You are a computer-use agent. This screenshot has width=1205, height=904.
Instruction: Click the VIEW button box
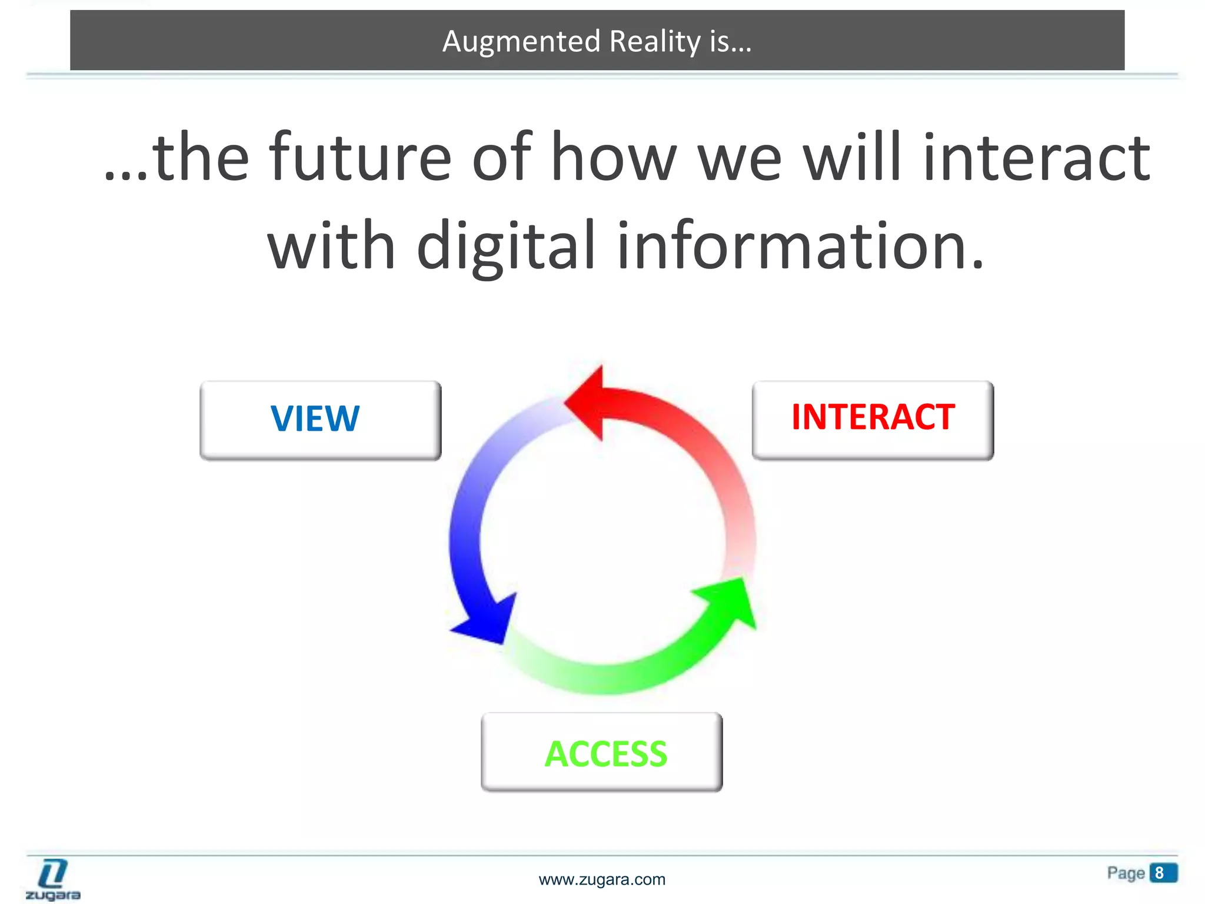point(320,420)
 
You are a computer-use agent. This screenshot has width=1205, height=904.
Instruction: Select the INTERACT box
point(873,420)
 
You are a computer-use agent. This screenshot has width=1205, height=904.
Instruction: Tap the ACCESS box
point(601,752)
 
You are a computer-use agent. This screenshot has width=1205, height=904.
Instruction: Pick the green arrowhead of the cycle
point(730,603)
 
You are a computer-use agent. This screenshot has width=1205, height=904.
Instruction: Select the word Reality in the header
point(655,41)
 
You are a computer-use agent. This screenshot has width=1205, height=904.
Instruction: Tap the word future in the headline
point(360,158)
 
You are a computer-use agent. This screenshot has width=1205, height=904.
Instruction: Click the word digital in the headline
point(506,246)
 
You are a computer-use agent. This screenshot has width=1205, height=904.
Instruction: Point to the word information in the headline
point(800,246)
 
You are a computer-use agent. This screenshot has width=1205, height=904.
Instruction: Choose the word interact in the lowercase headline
point(1036,158)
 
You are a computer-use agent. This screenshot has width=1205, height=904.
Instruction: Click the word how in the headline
point(613,158)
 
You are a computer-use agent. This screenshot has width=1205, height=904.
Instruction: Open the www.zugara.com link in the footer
point(602,879)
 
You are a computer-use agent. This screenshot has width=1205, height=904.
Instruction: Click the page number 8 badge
point(1163,873)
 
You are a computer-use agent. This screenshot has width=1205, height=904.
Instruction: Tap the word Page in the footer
point(1126,873)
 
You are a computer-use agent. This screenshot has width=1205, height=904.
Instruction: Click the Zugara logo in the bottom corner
point(53,879)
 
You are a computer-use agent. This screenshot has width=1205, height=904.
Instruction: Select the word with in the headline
point(331,246)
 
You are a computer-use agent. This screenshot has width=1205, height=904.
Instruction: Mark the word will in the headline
point(852,158)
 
